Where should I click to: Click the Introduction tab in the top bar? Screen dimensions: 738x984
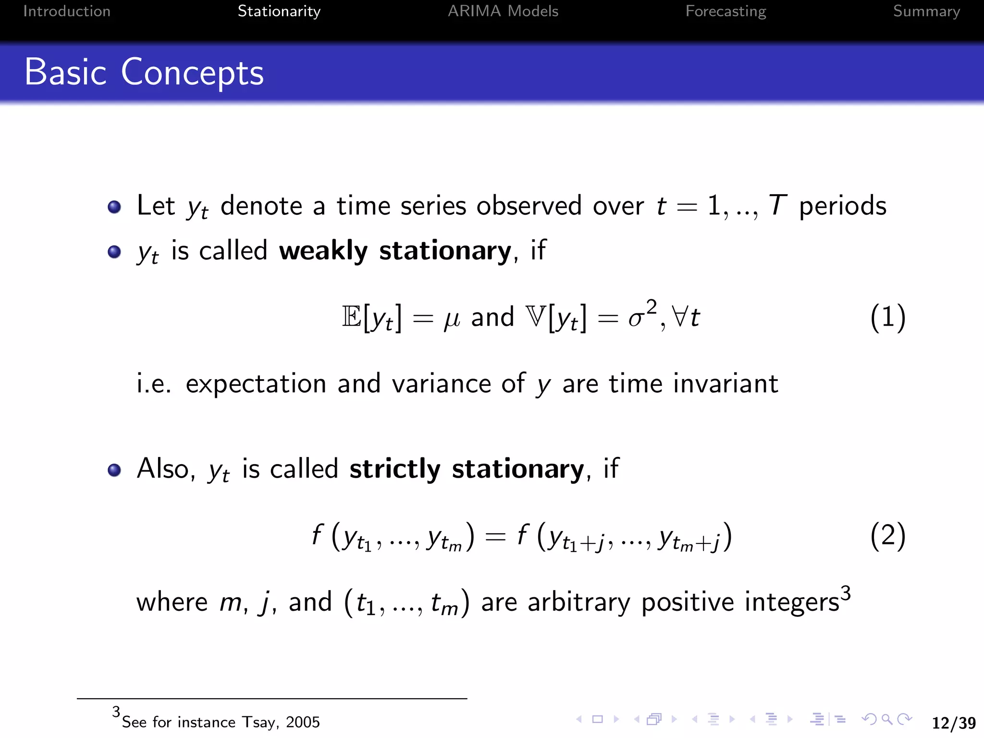pos(67,11)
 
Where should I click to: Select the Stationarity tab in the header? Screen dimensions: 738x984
pos(279,11)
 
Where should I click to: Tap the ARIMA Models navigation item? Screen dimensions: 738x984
pos(503,11)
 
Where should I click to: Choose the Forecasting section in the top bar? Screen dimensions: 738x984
pos(726,11)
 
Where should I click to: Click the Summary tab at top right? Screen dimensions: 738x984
pos(926,11)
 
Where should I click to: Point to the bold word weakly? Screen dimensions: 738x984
pos(323,251)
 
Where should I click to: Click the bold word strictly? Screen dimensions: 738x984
pos(394,469)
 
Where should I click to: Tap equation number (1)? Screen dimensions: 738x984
pos(888,318)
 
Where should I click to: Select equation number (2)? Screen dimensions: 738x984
pos(888,536)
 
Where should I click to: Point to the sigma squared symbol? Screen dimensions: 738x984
pos(641,315)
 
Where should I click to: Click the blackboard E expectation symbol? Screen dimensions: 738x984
pos(352,317)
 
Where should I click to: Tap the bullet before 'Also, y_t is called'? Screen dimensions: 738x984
pos(114,470)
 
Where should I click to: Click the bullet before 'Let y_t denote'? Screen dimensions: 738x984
pos(114,207)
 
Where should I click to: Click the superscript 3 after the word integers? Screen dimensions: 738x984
pos(846,593)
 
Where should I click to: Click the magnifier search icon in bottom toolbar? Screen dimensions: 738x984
pos(887,719)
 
